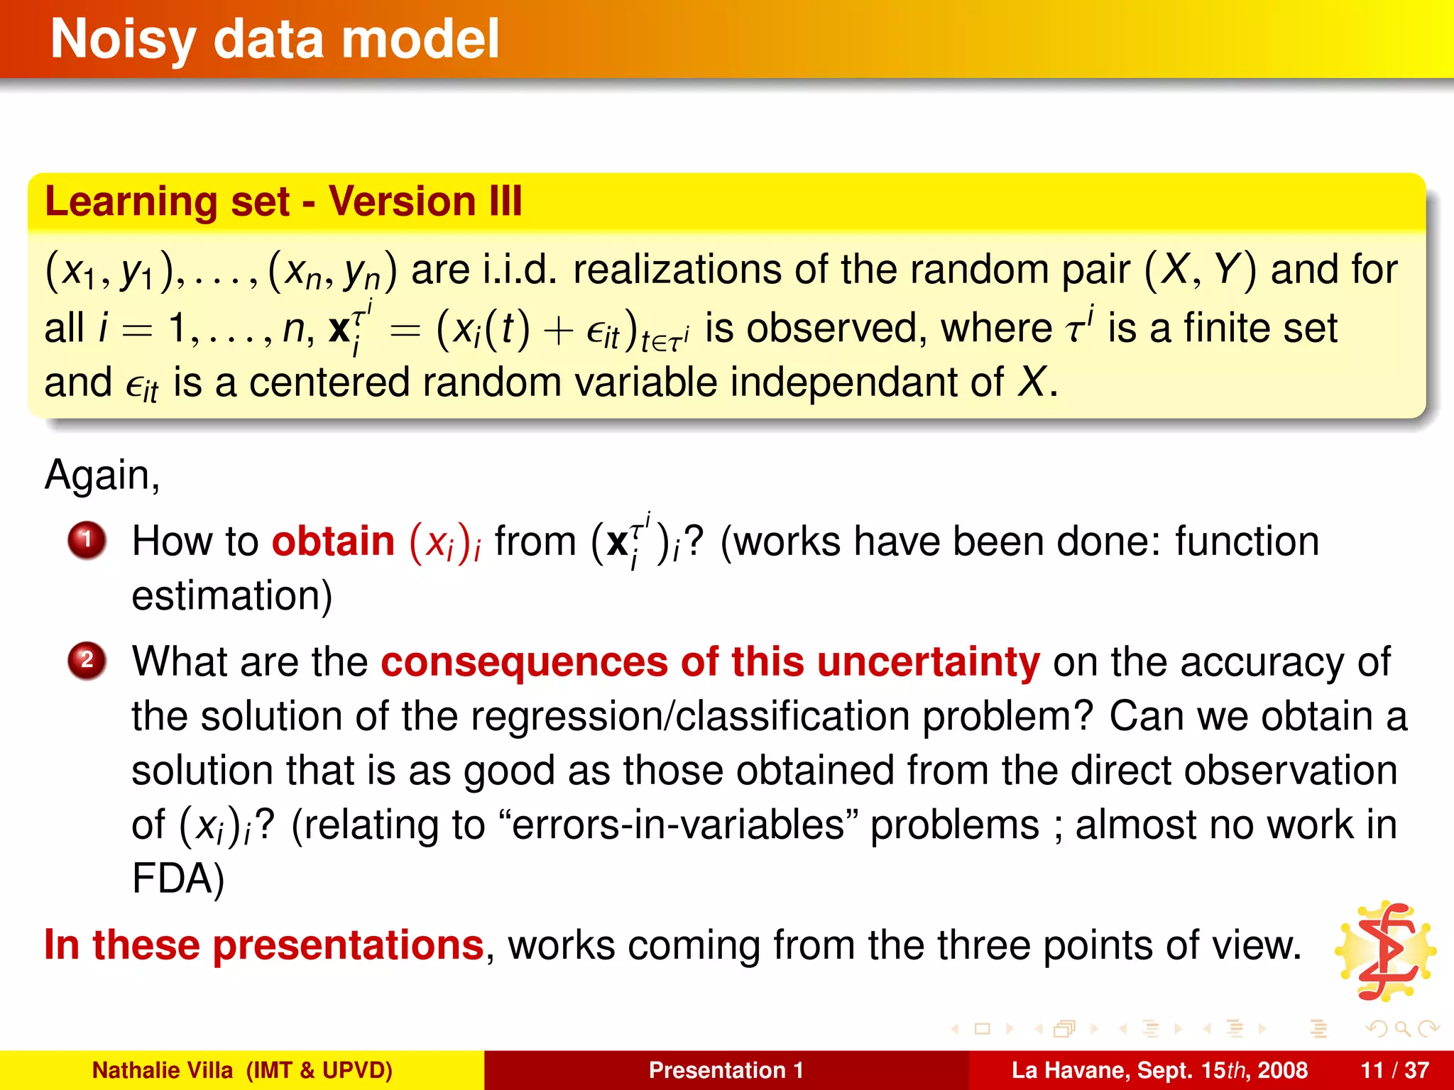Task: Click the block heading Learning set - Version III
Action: point(283,202)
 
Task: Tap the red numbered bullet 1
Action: point(87,541)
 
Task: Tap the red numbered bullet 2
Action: point(87,661)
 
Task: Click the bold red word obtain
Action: point(333,542)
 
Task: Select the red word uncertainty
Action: point(928,662)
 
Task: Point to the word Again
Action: point(102,475)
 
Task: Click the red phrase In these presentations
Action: point(263,945)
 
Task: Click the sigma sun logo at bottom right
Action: point(1385,952)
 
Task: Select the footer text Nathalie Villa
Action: point(163,1070)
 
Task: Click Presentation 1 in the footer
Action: point(726,1070)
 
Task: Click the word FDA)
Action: point(177,879)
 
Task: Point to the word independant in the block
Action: point(866,382)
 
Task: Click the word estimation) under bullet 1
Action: point(231,596)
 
